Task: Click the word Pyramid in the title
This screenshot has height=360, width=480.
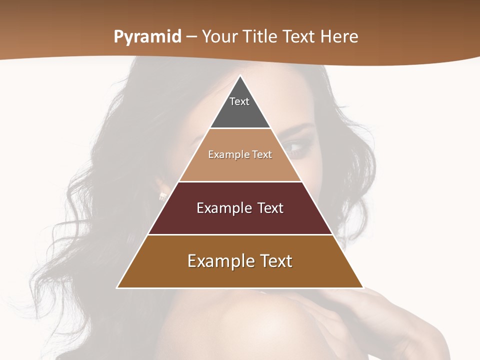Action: tap(147, 37)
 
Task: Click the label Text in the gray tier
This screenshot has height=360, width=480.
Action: tap(239, 101)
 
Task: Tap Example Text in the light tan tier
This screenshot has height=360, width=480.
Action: tap(240, 154)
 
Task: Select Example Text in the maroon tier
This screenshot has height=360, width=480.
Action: tap(240, 208)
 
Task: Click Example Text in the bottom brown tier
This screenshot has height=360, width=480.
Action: tap(240, 261)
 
